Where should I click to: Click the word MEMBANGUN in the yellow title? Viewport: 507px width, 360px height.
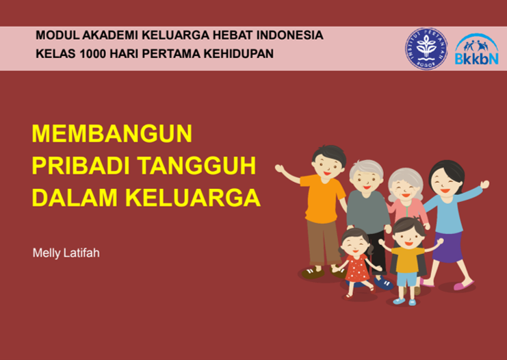[x=112, y=133]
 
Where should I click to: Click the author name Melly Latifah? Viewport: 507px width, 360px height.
[x=66, y=253]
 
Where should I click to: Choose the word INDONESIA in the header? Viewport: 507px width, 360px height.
[x=289, y=35]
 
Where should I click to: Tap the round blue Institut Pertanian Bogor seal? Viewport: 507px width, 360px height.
[x=426, y=49]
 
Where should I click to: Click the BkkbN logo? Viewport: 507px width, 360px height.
[x=477, y=49]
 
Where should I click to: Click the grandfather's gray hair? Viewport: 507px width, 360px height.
[x=366, y=168]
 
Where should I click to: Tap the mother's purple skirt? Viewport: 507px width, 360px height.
[x=449, y=246]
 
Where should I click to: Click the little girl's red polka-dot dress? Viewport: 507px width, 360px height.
[x=357, y=268]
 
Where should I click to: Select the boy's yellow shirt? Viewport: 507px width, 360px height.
[x=407, y=259]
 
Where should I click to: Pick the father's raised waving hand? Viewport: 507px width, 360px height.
[x=279, y=168]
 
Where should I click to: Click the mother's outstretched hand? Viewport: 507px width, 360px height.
[x=484, y=184]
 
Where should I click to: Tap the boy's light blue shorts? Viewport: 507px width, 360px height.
[x=407, y=279]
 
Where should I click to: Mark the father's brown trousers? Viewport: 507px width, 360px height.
[x=324, y=242]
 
